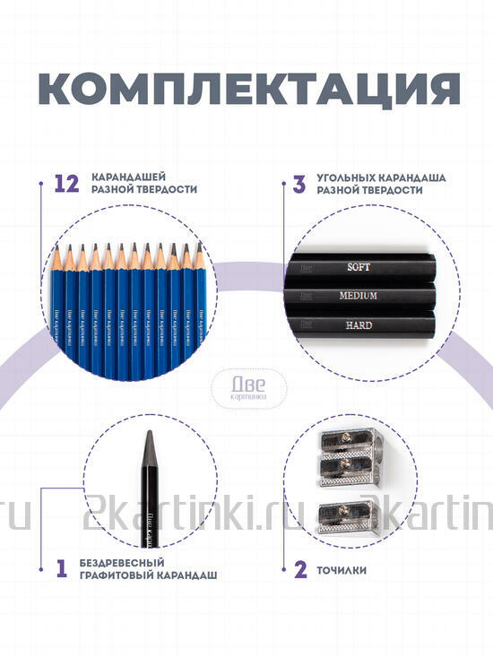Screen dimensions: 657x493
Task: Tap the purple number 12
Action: tap(67, 185)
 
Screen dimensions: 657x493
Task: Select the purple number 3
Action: tap(298, 185)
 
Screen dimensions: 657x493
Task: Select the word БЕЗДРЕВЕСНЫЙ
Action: tap(121, 562)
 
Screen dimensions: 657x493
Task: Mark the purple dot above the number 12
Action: tap(41, 185)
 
